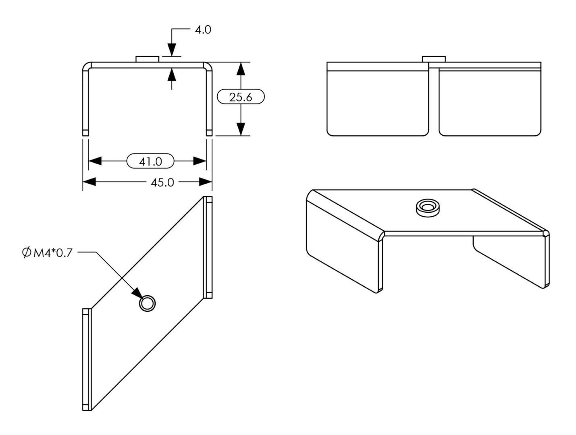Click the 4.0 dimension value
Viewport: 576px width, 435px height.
[x=203, y=30]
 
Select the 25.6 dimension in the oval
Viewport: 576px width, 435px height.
[x=241, y=97]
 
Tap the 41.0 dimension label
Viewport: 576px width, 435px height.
[x=150, y=162]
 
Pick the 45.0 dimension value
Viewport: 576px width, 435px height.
[x=162, y=182]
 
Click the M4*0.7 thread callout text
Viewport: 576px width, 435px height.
[x=53, y=253]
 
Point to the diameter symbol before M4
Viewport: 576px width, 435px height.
[x=26, y=253]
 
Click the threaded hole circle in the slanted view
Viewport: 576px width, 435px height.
[x=147, y=303]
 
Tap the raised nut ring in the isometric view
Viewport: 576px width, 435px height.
[x=427, y=208]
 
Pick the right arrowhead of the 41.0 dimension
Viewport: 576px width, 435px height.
[x=200, y=161]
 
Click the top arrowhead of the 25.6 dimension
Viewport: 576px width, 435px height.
[x=241, y=69]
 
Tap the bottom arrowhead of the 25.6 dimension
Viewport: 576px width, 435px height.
[x=241, y=129]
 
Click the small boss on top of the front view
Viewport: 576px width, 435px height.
[x=148, y=59]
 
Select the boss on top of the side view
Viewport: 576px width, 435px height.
[x=434, y=59]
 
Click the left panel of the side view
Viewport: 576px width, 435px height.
[x=377, y=103]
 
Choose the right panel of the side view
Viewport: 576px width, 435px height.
[x=490, y=103]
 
